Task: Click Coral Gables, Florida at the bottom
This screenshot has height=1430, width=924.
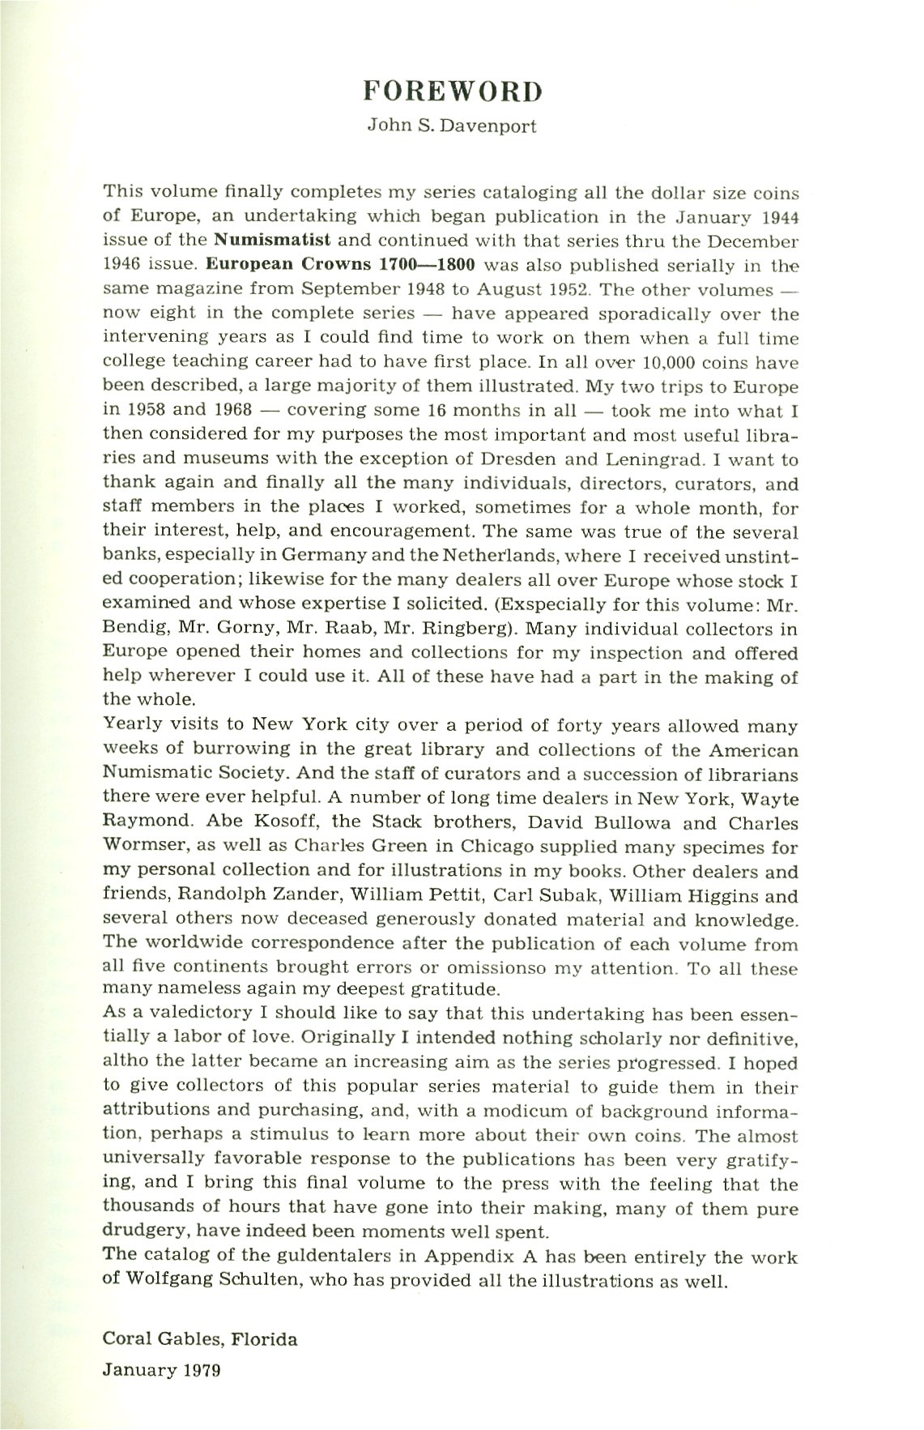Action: (200, 1338)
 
